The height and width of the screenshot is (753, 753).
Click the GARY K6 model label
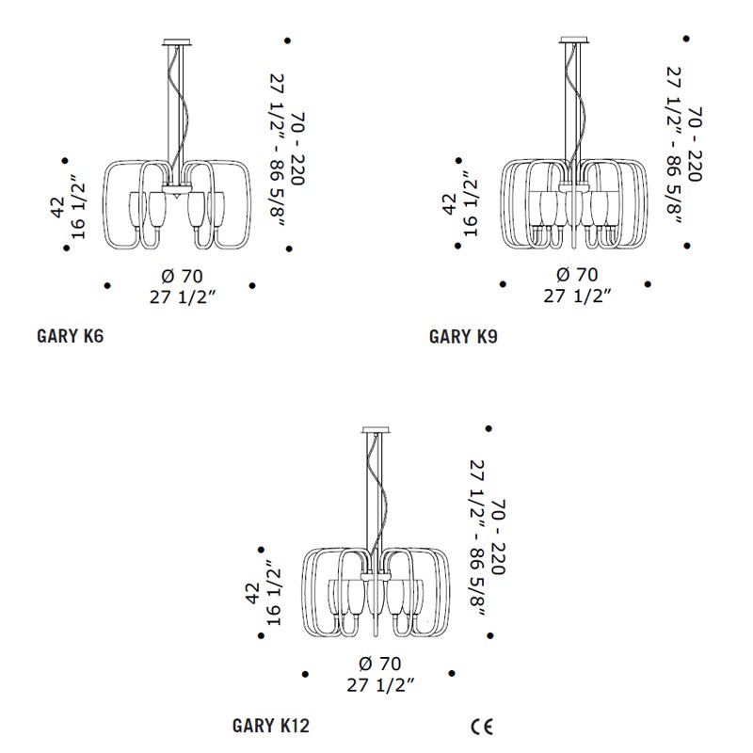(70, 336)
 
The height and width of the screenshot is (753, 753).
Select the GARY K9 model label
(463, 337)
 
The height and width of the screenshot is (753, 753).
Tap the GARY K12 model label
(271, 726)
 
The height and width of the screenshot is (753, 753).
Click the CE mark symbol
(482, 727)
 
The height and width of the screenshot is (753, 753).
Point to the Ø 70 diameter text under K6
(183, 276)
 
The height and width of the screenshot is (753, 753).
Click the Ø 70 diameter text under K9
(577, 275)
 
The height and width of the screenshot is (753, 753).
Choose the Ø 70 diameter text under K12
(380, 664)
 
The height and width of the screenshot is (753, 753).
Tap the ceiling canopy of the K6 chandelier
(177, 42)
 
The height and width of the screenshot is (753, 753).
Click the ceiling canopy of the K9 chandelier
(574, 40)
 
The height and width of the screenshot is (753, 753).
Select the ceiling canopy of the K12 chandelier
(376, 429)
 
